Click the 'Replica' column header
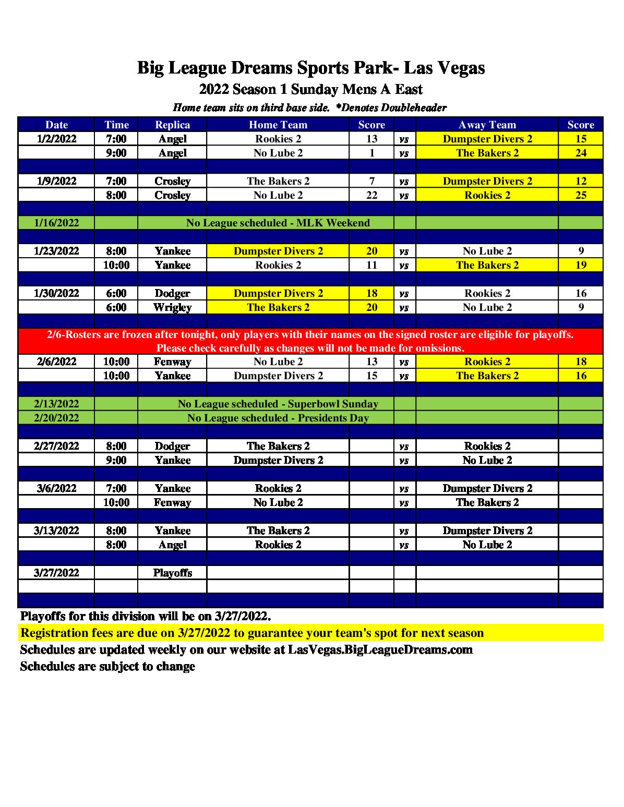click(x=172, y=125)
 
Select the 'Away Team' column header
click(x=487, y=125)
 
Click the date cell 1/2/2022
click(x=56, y=139)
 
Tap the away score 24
click(x=581, y=153)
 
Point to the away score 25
click(x=581, y=195)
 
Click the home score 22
click(x=371, y=195)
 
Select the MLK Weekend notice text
click(x=278, y=223)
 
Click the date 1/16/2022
click(x=56, y=223)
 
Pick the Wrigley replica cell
click(x=172, y=307)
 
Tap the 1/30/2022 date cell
click(x=56, y=293)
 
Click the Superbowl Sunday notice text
click(x=278, y=404)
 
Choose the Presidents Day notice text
click(x=278, y=418)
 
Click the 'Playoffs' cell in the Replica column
click(x=172, y=573)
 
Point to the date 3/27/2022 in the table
click(x=56, y=573)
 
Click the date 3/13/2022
click(x=56, y=531)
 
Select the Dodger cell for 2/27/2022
click(x=172, y=446)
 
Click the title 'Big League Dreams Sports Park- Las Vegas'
click(x=311, y=68)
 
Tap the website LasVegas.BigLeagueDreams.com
click(x=380, y=650)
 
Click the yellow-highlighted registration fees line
click(x=252, y=633)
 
